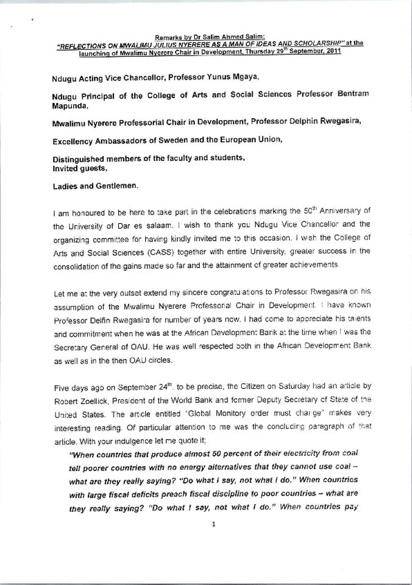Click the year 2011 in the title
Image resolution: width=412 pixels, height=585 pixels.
tap(330, 52)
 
